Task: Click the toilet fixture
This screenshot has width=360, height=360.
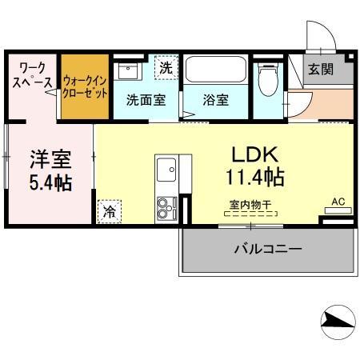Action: tap(269, 80)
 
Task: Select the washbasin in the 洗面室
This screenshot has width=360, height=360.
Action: tap(128, 70)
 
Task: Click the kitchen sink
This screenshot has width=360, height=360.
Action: tap(167, 170)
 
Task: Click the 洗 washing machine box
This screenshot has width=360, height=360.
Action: tap(165, 66)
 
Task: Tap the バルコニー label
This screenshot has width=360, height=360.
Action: tap(268, 249)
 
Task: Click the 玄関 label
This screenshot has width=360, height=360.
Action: tap(321, 70)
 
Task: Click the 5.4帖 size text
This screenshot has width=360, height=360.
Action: tap(50, 182)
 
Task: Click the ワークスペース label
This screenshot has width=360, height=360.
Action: tap(33, 74)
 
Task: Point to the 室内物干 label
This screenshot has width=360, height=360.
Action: tap(251, 205)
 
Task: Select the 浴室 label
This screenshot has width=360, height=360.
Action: tap(215, 101)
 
